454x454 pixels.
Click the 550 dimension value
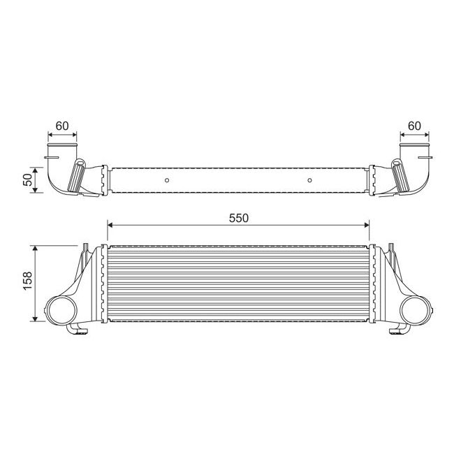point(238,217)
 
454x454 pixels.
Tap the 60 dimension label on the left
point(61,126)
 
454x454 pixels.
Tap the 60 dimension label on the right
point(414,126)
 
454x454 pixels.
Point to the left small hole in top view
point(167,181)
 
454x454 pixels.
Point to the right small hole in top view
point(309,181)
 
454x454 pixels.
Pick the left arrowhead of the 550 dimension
point(110,226)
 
